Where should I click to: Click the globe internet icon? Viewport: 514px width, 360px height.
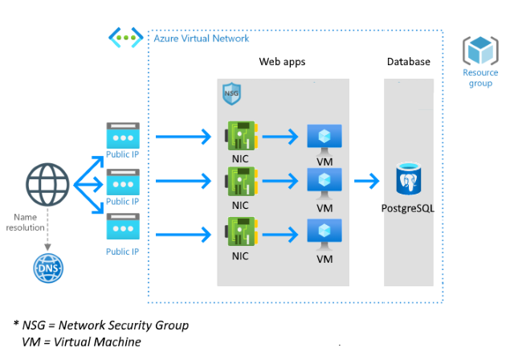click(47, 184)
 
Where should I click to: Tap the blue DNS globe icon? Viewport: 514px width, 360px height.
click(48, 268)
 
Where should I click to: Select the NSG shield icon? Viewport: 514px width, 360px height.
click(231, 93)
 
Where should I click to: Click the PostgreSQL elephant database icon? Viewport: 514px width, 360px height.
click(409, 178)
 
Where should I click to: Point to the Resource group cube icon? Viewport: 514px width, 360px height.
click(480, 50)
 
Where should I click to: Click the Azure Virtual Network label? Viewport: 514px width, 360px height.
click(202, 39)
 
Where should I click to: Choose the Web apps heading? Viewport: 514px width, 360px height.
click(282, 62)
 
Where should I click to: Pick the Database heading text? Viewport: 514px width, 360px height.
click(409, 61)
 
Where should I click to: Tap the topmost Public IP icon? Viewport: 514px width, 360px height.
click(123, 136)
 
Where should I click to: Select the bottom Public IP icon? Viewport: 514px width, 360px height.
click(123, 227)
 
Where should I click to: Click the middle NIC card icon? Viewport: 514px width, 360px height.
click(242, 181)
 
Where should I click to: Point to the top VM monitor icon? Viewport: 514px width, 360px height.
click(324, 140)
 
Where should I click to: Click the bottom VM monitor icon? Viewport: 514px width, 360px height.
click(324, 235)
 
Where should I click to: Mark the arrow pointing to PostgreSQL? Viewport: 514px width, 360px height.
click(367, 181)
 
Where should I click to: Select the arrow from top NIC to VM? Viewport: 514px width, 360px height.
click(280, 137)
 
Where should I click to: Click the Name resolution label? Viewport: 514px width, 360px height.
click(25, 223)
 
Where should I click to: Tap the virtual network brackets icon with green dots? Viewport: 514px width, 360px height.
click(126, 38)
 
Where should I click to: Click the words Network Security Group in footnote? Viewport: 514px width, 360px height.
click(124, 325)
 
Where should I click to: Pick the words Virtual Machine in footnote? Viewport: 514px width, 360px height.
click(97, 342)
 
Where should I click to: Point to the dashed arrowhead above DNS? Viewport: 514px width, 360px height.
click(47, 247)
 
